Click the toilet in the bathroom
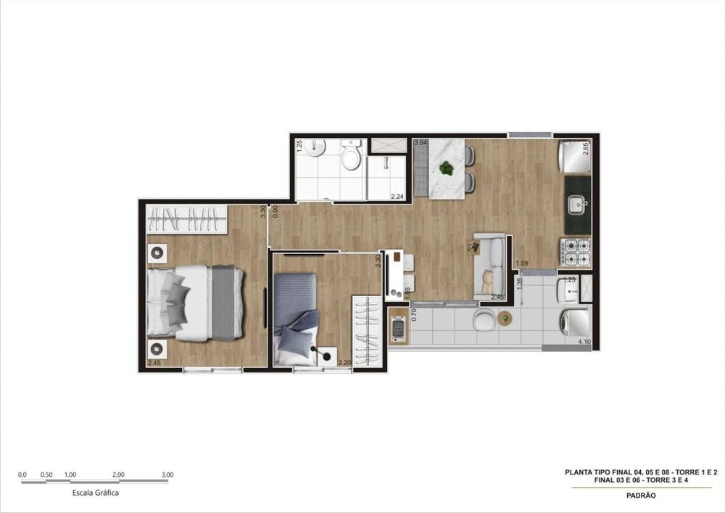(352, 155)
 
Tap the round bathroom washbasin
(315, 149)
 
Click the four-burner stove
(578, 251)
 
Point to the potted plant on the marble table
(447, 168)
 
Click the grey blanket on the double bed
(224, 303)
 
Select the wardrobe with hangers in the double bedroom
(188, 218)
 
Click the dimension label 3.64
(420, 143)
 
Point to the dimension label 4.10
(583, 341)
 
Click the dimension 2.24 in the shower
(397, 196)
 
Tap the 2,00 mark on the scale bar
(119, 475)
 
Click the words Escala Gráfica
(96, 493)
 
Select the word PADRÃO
(640, 496)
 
